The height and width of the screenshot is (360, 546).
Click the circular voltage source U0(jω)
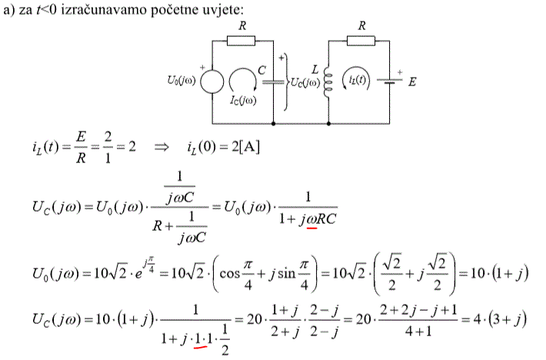(212, 82)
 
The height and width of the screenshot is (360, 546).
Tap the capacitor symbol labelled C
(273, 82)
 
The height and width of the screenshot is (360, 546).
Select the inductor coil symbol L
(328, 82)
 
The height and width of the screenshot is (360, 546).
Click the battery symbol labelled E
(390, 82)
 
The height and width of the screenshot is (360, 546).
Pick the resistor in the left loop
(241, 41)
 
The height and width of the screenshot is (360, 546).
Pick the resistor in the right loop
(361, 41)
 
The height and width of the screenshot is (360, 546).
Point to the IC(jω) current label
(243, 101)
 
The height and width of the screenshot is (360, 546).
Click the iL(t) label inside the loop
(358, 80)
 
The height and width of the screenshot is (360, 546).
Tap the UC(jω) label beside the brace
(305, 83)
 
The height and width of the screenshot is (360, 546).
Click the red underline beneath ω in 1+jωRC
(311, 228)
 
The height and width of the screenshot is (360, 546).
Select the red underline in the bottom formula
(200, 347)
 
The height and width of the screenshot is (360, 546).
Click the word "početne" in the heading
(174, 9)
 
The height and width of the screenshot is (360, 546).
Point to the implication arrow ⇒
(161, 147)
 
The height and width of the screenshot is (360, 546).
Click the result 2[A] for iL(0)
(245, 147)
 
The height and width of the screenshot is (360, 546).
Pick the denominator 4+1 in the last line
(418, 331)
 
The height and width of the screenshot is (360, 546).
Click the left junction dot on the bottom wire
(273, 124)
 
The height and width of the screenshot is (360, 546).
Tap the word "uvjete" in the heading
(222, 9)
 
